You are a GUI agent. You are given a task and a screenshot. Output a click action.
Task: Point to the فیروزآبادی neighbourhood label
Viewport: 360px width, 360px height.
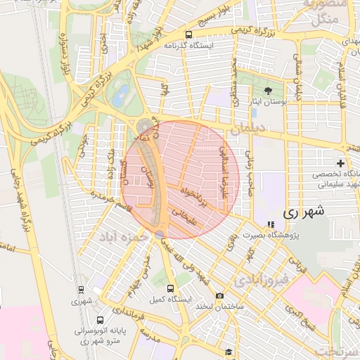click(259, 281)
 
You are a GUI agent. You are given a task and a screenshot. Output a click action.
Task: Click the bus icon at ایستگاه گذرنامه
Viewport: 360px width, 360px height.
click(188, 34)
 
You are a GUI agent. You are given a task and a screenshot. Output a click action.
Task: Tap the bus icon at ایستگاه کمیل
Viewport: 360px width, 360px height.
click(170, 288)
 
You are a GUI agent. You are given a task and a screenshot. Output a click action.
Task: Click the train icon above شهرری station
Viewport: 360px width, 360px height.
click(81, 289)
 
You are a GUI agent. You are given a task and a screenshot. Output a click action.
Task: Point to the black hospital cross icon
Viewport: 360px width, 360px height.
click(340, 163)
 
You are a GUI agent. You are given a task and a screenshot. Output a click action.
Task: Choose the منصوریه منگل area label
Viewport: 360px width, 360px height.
click(325, 12)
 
